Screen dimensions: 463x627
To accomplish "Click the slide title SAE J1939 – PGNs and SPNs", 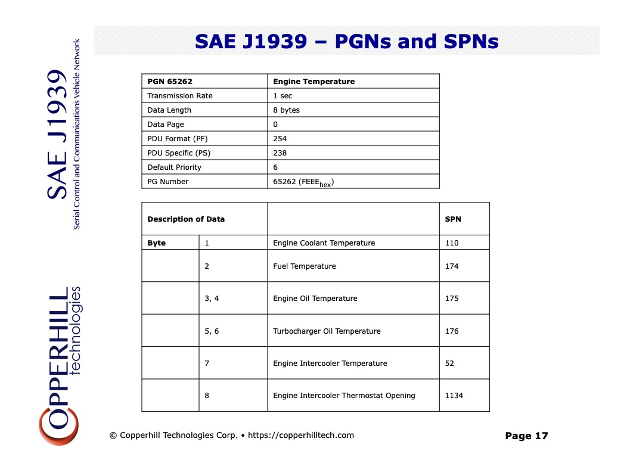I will pos(346,41).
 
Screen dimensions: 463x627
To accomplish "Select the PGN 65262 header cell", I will pos(170,82).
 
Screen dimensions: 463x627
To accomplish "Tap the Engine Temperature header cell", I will pos(313,82).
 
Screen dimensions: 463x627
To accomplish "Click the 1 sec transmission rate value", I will pos(283,96).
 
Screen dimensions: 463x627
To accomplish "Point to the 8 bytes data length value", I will pos(286,110).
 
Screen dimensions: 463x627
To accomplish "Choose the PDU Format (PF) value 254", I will pos(280,139).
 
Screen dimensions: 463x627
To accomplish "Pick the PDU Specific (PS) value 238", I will pos(280,153).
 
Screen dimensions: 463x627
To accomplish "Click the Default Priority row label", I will pos(174,167).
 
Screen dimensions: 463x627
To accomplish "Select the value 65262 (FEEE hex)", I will pos(303,182).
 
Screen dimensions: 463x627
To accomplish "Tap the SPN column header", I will pos(453,219).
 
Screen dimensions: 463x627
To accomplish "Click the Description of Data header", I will pos(186,219).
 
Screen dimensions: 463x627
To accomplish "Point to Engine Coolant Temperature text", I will pos(324,243).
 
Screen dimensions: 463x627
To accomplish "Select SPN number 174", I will pos(452,266).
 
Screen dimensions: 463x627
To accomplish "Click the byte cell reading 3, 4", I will pos(212,299).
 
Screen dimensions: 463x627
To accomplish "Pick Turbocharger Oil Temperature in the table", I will pos(327,331).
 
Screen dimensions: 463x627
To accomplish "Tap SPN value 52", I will pos(449,363).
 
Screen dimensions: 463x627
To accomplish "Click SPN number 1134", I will pos(454,396).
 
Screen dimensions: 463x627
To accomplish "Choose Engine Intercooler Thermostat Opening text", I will pos(344,396).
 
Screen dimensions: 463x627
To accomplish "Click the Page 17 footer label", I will pos(526,436).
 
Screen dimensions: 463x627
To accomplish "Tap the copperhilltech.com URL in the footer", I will pos(301,436).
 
